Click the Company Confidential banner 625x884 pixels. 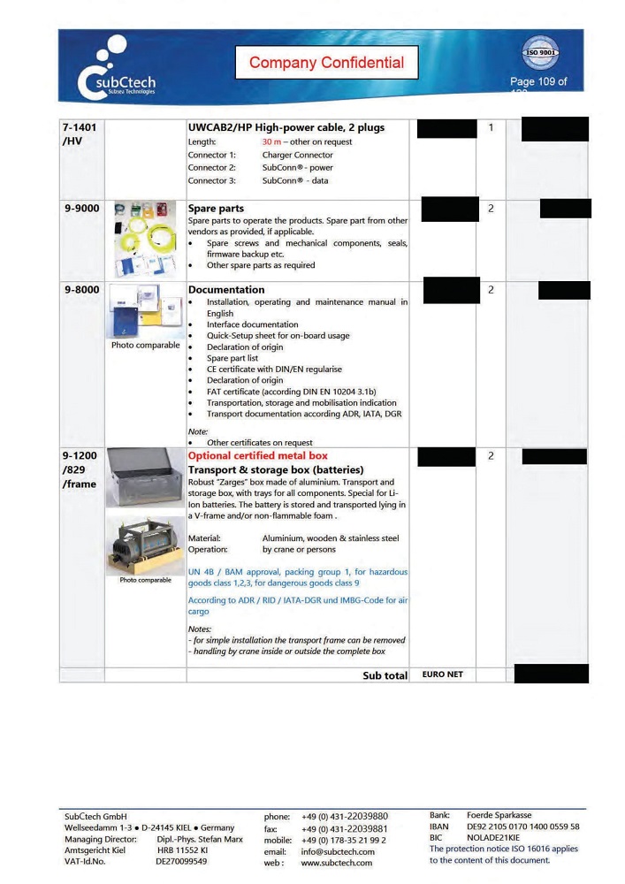[x=326, y=62]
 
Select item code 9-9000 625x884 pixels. [x=81, y=210]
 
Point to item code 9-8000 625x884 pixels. [x=81, y=289]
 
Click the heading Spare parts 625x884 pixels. [x=216, y=210]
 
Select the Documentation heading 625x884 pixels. [x=226, y=289]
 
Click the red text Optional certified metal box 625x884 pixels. [x=257, y=455]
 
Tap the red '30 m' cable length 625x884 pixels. [x=272, y=141]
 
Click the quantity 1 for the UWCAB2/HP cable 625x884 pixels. [x=491, y=128]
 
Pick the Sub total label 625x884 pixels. [x=385, y=675]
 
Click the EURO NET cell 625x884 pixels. [x=442, y=674]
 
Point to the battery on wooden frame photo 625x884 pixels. [x=146, y=545]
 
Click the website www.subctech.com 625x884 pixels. [x=336, y=863]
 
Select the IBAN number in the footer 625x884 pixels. [x=522, y=827]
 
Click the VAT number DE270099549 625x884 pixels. [x=181, y=861]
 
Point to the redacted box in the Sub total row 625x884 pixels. [x=550, y=674]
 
